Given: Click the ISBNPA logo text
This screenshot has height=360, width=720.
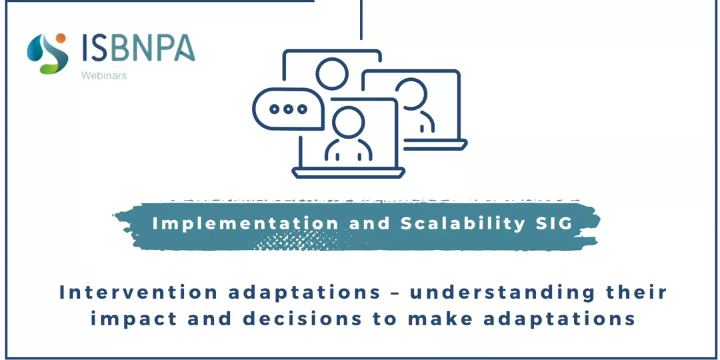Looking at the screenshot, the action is point(139,48).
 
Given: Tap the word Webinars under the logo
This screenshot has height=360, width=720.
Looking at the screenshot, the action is point(104,76).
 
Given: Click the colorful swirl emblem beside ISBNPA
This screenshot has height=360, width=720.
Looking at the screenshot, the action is point(47,53).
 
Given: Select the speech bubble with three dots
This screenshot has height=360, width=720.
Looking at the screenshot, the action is point(289,109).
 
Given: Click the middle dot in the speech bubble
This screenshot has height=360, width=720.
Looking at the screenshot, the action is point(288,109).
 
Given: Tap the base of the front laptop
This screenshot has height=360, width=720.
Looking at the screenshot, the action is point(349,173).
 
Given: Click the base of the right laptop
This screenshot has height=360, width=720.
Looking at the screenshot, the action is point(435,145).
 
